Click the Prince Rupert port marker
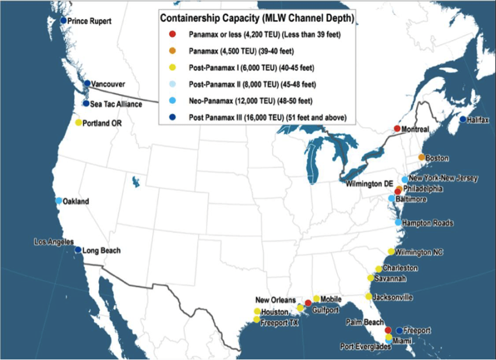click(x=63, y=20)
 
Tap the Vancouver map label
click(x=108, y=84)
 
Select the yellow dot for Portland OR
click(x=78, y=122)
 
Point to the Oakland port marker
click(x=58, y=201)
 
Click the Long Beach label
click(x=102, y=251)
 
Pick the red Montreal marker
click(x=397, y=128)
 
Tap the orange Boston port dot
click(x=422, y=158)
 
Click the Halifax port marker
click(x=462, y=120)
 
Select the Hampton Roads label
click(x=428, y=223)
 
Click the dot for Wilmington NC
click(x=391, y=251)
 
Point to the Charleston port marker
click(x=379, y=268)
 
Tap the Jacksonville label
click(x=392, y=297)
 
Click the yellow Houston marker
click(x=257, y=311)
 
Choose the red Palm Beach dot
click(x=388, y=330)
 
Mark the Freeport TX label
click(x=279, y=323)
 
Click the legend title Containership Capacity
click(x=257, y=18)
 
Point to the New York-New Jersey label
click(x=443, y=179)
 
